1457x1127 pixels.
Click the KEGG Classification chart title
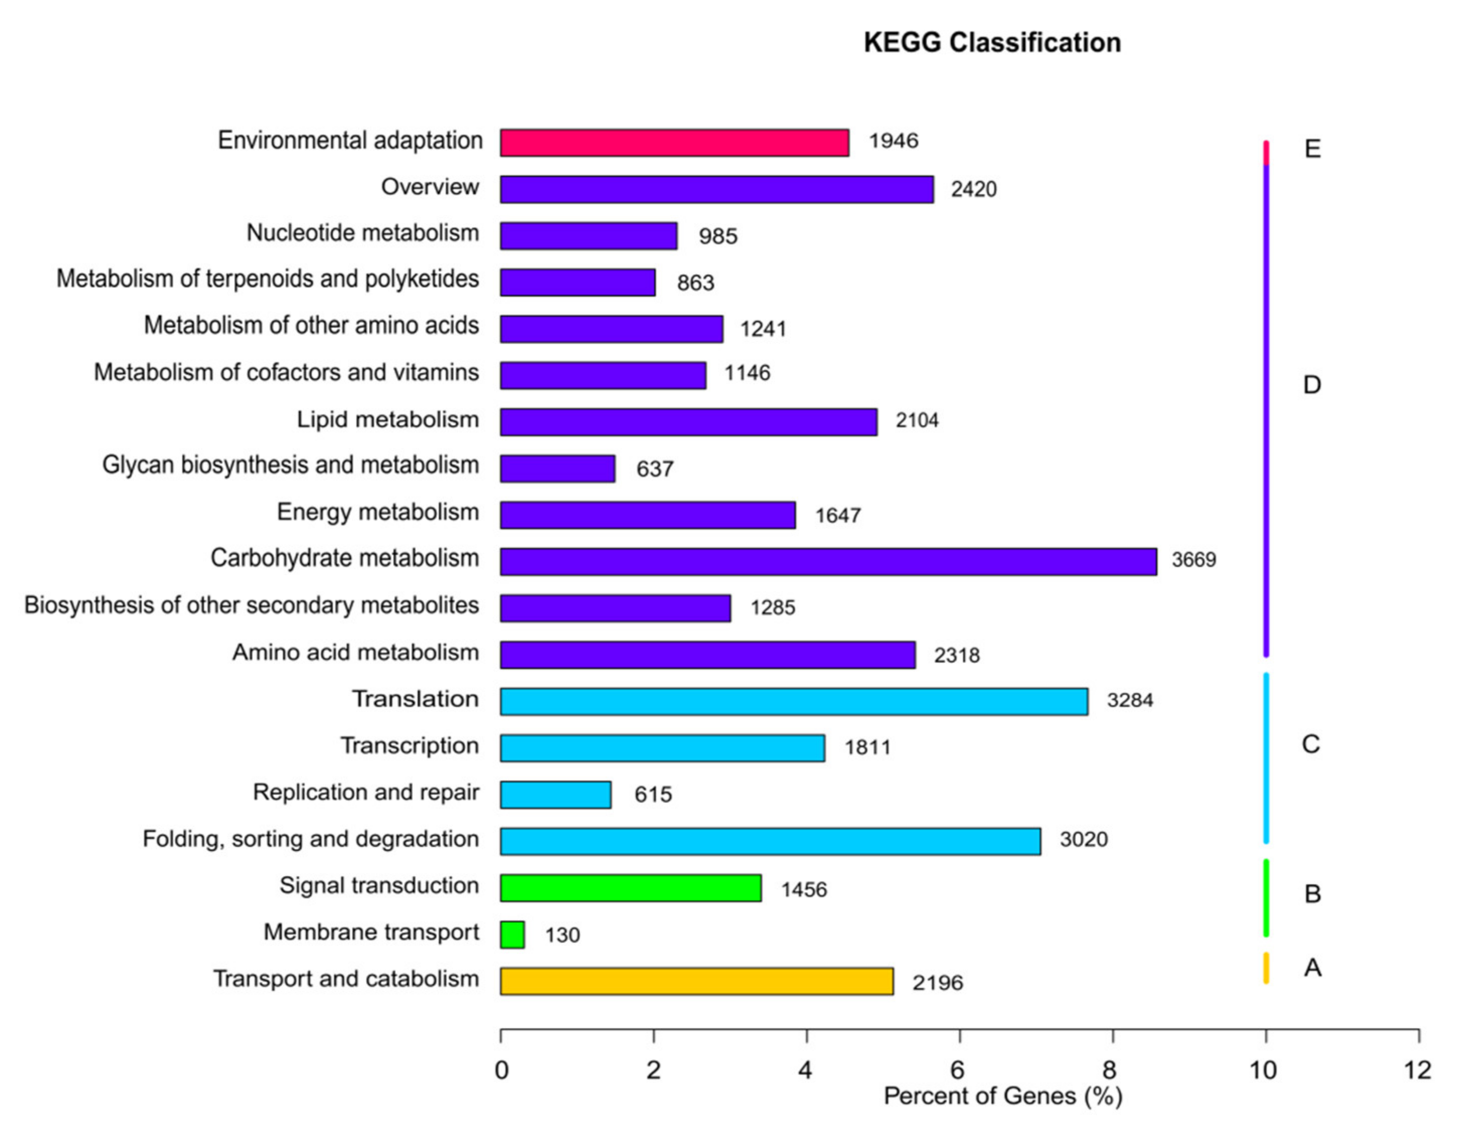click(x=992, y=43)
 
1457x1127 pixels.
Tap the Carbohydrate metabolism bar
click(x=828, y=561)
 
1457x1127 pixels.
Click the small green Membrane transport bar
click(x=512, y=934)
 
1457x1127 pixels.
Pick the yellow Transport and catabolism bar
click(x=696, y=981)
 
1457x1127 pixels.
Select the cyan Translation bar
click(x=794, y=701)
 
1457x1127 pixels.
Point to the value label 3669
click(x=1193, y=559)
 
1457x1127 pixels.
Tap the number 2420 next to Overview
click(x=974, y=190)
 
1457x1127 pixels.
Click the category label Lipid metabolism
click(x=387, y=420)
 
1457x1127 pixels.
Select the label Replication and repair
click(x=366, y=792)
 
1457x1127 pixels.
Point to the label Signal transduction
click(x=379, y=886)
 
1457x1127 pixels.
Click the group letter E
click(x=1312, y=149)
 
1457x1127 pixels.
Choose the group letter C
click(x=1310, y=744)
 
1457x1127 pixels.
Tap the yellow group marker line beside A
click(x=1265, y=968)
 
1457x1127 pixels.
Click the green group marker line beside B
click(x=1265, y=898)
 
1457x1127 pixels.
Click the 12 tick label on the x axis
click(x=1417, y=1070)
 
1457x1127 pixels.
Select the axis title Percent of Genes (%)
click(x=1003, y=1096)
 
